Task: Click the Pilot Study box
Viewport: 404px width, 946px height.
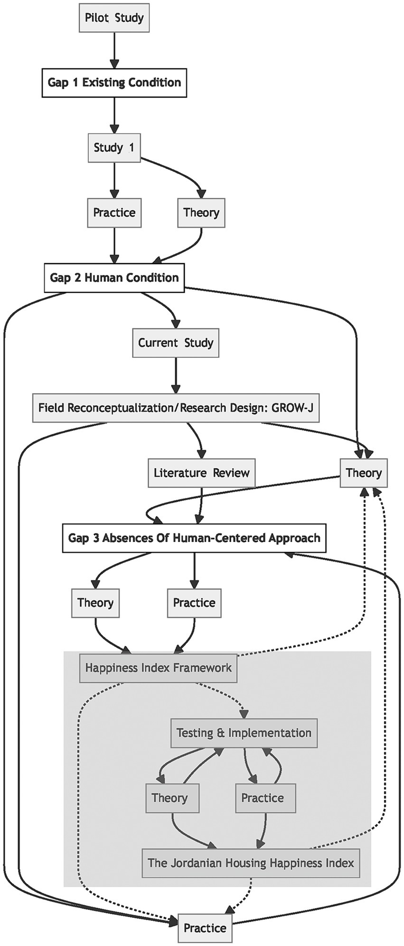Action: tap(114, 18)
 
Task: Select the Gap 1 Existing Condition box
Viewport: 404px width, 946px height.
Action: tap(114, 83)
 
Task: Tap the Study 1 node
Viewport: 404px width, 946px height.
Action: tap(114, 147)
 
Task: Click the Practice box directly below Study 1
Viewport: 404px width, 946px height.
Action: tap(114, 212)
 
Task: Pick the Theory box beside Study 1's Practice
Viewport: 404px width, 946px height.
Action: tap(201, 212)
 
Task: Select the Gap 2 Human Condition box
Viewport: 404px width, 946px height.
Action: tap(114, 277)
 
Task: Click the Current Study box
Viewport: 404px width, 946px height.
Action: tap(176, 342)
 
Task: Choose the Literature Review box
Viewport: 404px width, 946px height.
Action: tap(201, 473)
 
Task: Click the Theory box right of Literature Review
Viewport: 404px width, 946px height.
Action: tap(364, 473)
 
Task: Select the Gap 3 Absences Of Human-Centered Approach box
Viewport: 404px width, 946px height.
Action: tap(194, 538)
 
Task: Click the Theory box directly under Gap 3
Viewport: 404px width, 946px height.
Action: tap(95, 603)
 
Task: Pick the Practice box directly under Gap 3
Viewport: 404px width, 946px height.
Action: tap(194, 603)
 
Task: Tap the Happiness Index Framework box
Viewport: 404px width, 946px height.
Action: tap(158, 668)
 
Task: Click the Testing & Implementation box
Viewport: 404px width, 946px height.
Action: tap(244, 733)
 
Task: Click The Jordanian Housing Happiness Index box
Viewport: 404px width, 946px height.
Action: tap(251, 863)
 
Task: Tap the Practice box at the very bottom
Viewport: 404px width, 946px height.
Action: tap(205, 928)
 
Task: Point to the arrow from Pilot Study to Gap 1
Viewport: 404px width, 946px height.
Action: tap(114, 50)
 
